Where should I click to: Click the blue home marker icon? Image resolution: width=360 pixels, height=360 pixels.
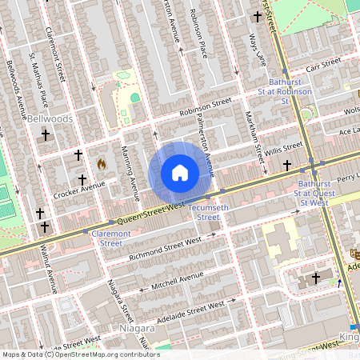[180, 173]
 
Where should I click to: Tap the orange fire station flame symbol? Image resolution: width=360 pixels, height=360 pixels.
[102, 163]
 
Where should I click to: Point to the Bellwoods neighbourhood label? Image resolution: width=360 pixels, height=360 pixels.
[50, 118]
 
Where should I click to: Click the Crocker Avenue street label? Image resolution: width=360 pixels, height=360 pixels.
[79, 190]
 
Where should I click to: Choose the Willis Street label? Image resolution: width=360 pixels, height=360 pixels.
[285, 149]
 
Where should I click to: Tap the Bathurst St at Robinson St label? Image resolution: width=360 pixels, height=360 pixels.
[290, 97]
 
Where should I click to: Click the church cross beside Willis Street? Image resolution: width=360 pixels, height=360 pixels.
[287, 165]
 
